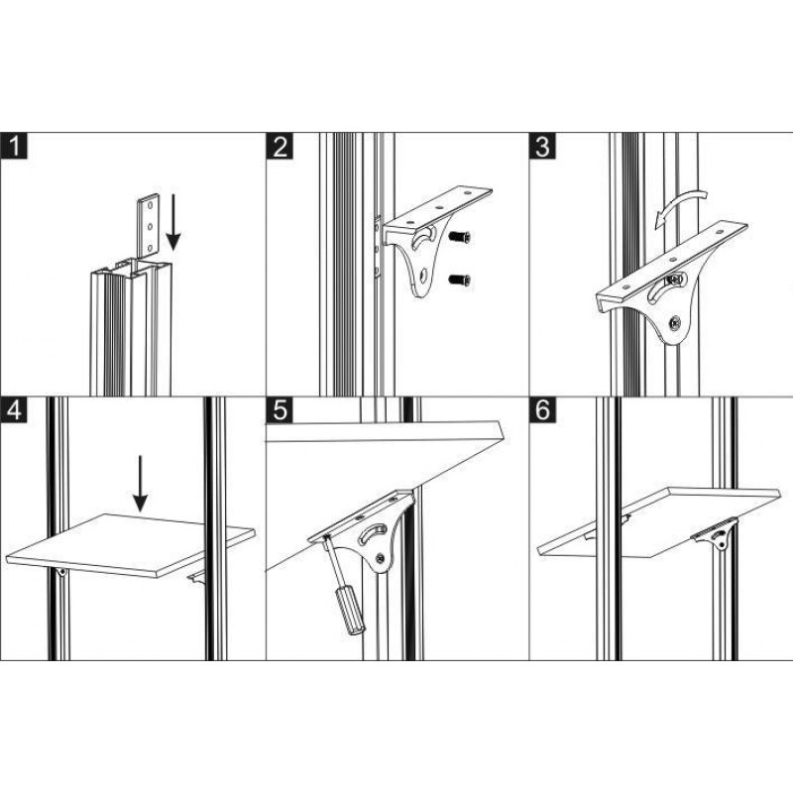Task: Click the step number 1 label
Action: (x=14, y=146)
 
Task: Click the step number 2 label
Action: (x=280, y=146)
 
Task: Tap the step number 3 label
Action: (x=542, y=146)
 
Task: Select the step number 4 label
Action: (x=14, y=410)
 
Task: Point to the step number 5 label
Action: (x=280, y=410)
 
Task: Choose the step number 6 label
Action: (x=542, y=410)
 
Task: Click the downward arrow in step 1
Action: (x=172, y=222)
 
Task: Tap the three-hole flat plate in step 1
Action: (x=149, y=226)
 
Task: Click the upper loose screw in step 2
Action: (x=460, y=236)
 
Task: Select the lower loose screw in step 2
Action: (x=460, y=280)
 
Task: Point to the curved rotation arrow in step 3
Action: (x=679, y=206)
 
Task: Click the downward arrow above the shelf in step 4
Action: (x=140, y=484)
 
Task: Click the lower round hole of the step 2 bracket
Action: (x=423, y=276)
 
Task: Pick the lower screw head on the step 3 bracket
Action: (x=675, y=322)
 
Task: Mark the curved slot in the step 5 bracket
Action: (x=373, y=533)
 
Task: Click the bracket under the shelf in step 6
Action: (x=715, y=533)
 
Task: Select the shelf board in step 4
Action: (x=130, y=545)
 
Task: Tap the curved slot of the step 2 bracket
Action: (x=425, y=237)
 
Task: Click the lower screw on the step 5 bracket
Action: (x=380, y=557)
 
